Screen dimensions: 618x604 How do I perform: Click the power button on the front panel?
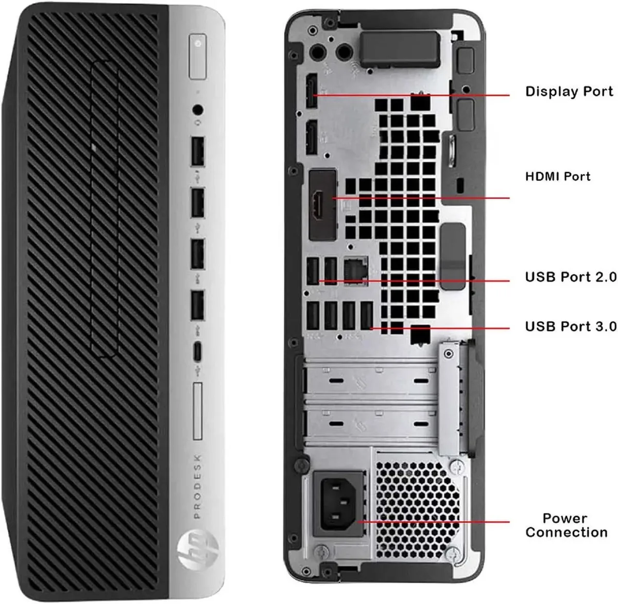(x=198, y=56)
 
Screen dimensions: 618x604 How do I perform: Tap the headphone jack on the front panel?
(x=198, y=110)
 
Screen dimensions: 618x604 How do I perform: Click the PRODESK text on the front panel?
(x=197, y=487)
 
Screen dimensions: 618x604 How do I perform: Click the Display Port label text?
(x=569, y=92)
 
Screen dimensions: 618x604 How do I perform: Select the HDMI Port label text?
(x=558, y=176)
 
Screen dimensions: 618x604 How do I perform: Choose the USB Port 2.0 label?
(x=571, y=277)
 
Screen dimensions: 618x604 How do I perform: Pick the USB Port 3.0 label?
(x=571, y=326)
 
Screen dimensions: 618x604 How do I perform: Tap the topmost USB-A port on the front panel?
(x=198, y=151)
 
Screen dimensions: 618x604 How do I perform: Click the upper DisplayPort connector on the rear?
(x=312, y=90)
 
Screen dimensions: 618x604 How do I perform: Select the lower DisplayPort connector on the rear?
(x=312, y=137)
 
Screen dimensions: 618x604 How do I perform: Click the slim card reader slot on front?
(x=198, y=411)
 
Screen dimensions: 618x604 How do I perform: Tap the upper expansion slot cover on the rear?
(x=370, y=381)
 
